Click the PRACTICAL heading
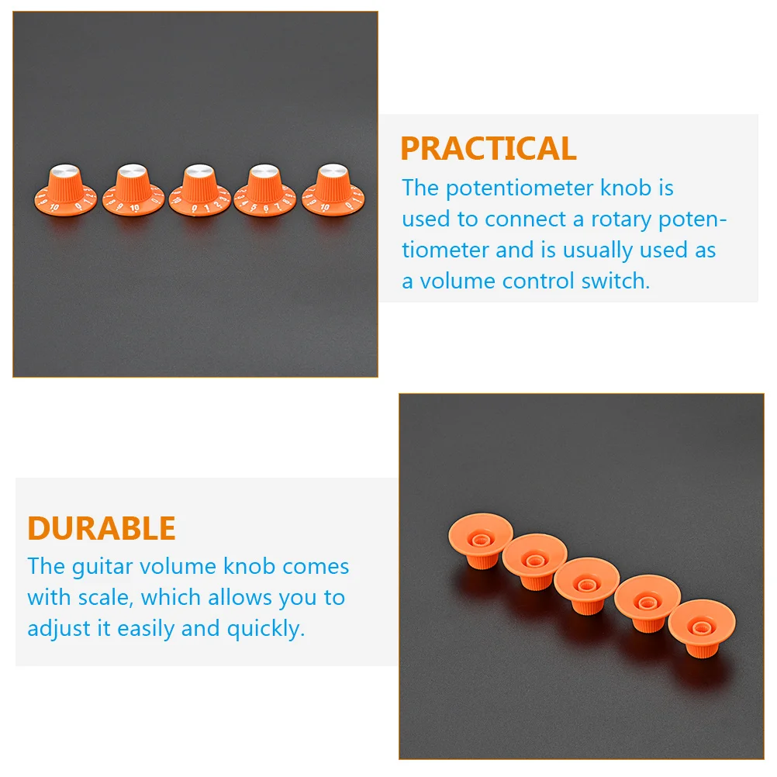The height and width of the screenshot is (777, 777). tap(488, 148)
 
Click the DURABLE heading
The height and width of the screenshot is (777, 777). tap(102, 528)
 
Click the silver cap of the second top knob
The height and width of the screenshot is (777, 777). tap(131, 170)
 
